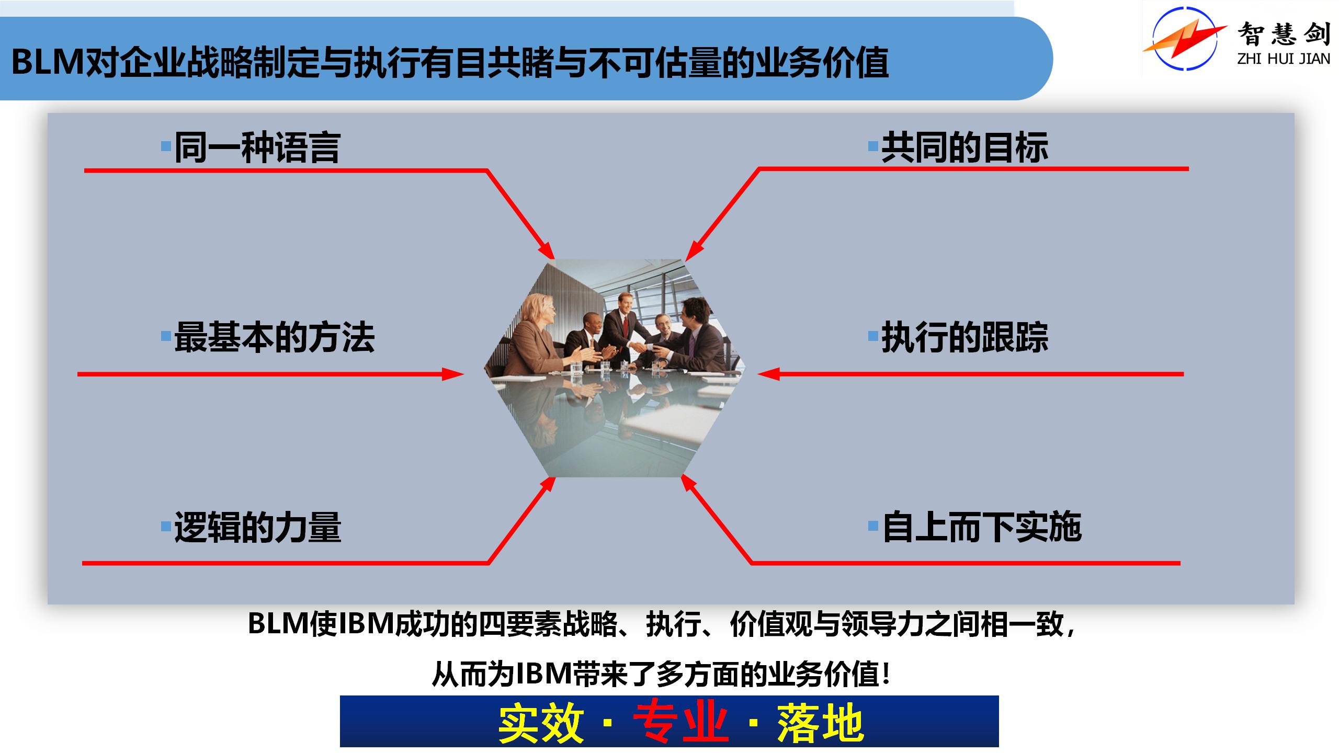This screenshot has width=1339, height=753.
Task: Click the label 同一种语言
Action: (x=257, y=147)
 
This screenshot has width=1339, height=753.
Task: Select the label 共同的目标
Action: (x=965, y=147)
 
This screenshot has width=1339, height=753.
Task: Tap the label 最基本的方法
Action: (x=274, y=337)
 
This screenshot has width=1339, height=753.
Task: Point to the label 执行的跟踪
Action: (x=965, y=337)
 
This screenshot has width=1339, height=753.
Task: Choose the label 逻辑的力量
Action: (x=257, y=527)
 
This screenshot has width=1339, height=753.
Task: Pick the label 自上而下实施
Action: (x=982, y=527)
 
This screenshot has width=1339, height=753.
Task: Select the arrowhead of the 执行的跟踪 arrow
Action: (x=768, y=374)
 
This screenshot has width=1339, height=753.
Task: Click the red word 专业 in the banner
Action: (x=680, y=723)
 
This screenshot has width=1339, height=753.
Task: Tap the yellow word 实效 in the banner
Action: (x=541, y=723)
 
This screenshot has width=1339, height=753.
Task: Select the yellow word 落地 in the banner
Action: (x=820, y=723)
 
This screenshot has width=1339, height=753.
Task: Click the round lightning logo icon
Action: (x=1185, y=38)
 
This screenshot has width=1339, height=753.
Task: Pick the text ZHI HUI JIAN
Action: (x=1284, y=59)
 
